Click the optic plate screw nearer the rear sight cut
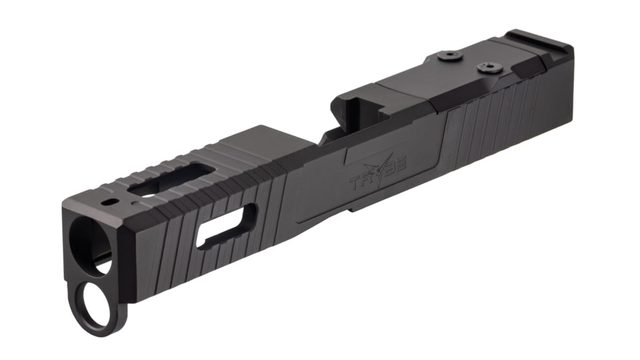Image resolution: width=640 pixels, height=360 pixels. [486, 67]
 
